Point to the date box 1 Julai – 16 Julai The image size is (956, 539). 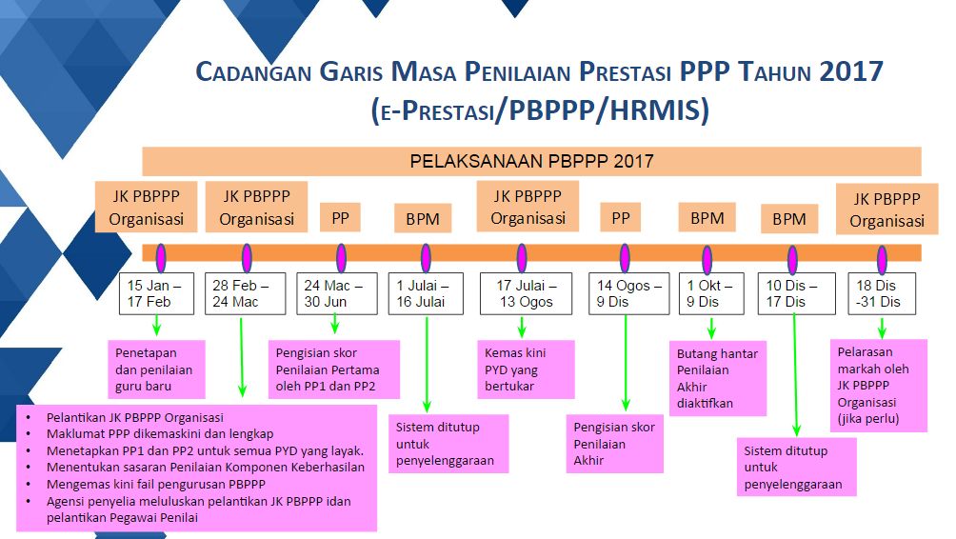tap(425, 294)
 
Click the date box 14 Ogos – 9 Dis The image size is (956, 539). tap(624, 294)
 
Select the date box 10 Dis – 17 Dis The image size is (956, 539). tap(793, 294)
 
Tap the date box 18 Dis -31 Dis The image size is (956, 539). tap(882, 294)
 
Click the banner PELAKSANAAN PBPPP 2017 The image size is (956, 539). tap(531, 161)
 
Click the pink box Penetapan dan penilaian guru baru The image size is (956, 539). tap(154, 369)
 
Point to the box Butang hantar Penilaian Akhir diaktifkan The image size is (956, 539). tap(718, 379)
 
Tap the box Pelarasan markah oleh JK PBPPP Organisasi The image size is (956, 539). tap(880, 385)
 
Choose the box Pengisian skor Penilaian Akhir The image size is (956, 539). tap(614, 444)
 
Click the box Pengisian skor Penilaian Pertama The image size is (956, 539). tap(332, 369)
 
